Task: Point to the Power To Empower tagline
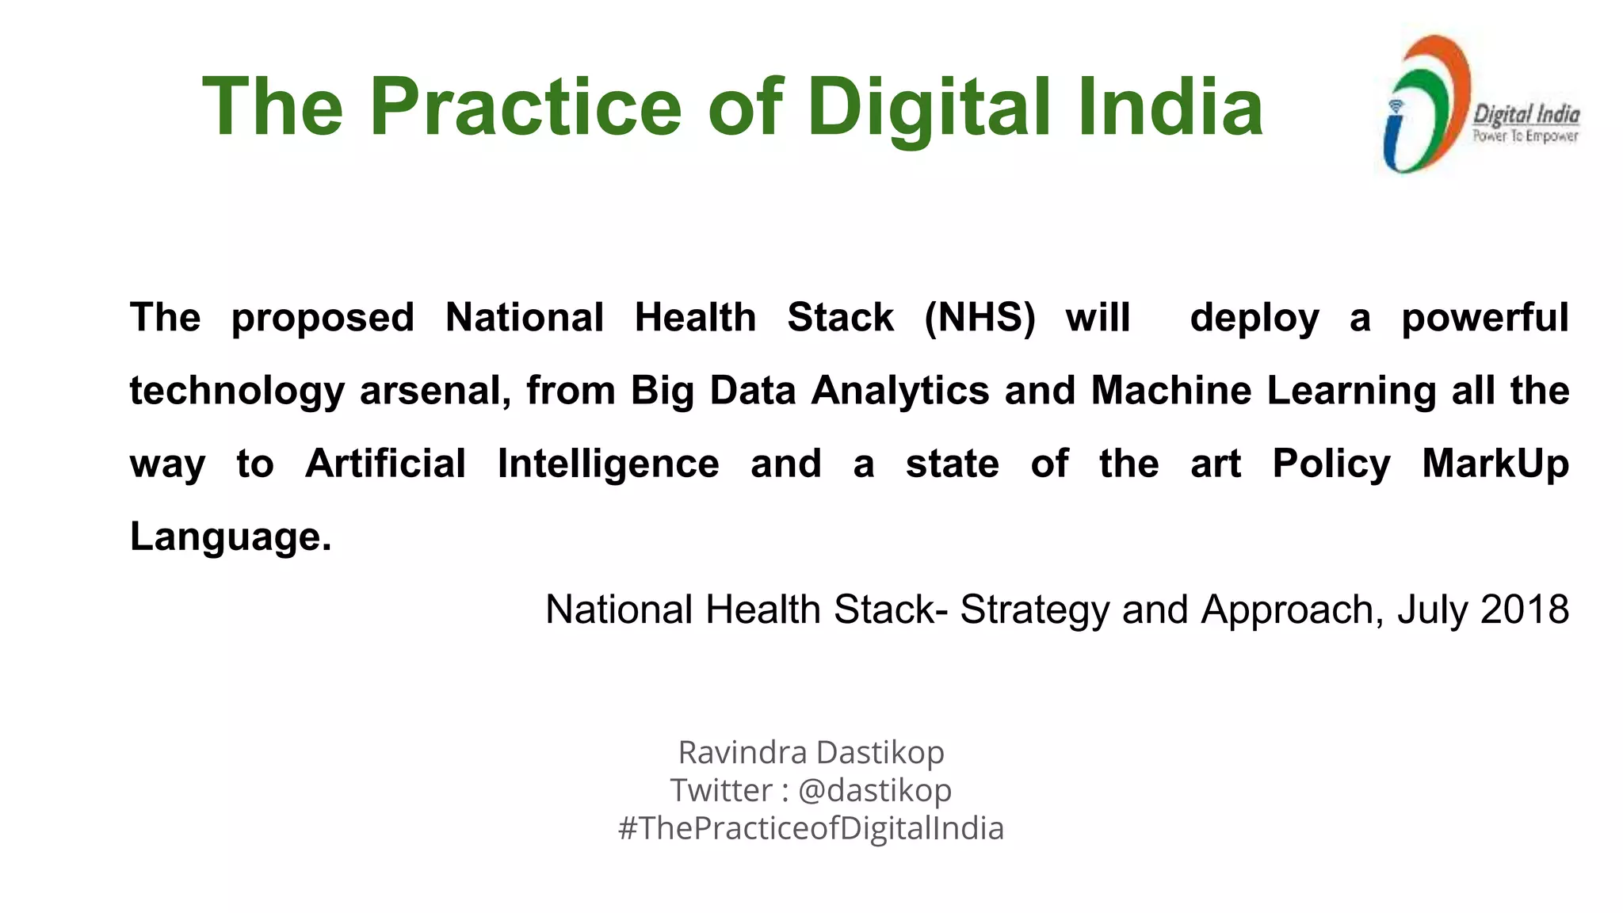pyautogui.click(x=1526, y=136)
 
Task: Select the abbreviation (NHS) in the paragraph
pyautogui.click(x=980, y=318)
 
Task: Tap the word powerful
pyautogui.click(x=1484, y=319)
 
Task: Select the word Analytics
pyautogui.click(x=899, y=392)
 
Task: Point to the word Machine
pyautogui.click(x=1170, y=391)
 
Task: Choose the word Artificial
pyautogui.click(x=386, y=464)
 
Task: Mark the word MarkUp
pyautogui.click(x=1495, y=464)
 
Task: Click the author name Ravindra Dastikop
pyautogui.click(x=811, y=752)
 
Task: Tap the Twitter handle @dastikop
pyautogui.click(x=874, y=790)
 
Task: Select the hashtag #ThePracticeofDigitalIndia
pyautogui.click(x=811, y=828)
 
